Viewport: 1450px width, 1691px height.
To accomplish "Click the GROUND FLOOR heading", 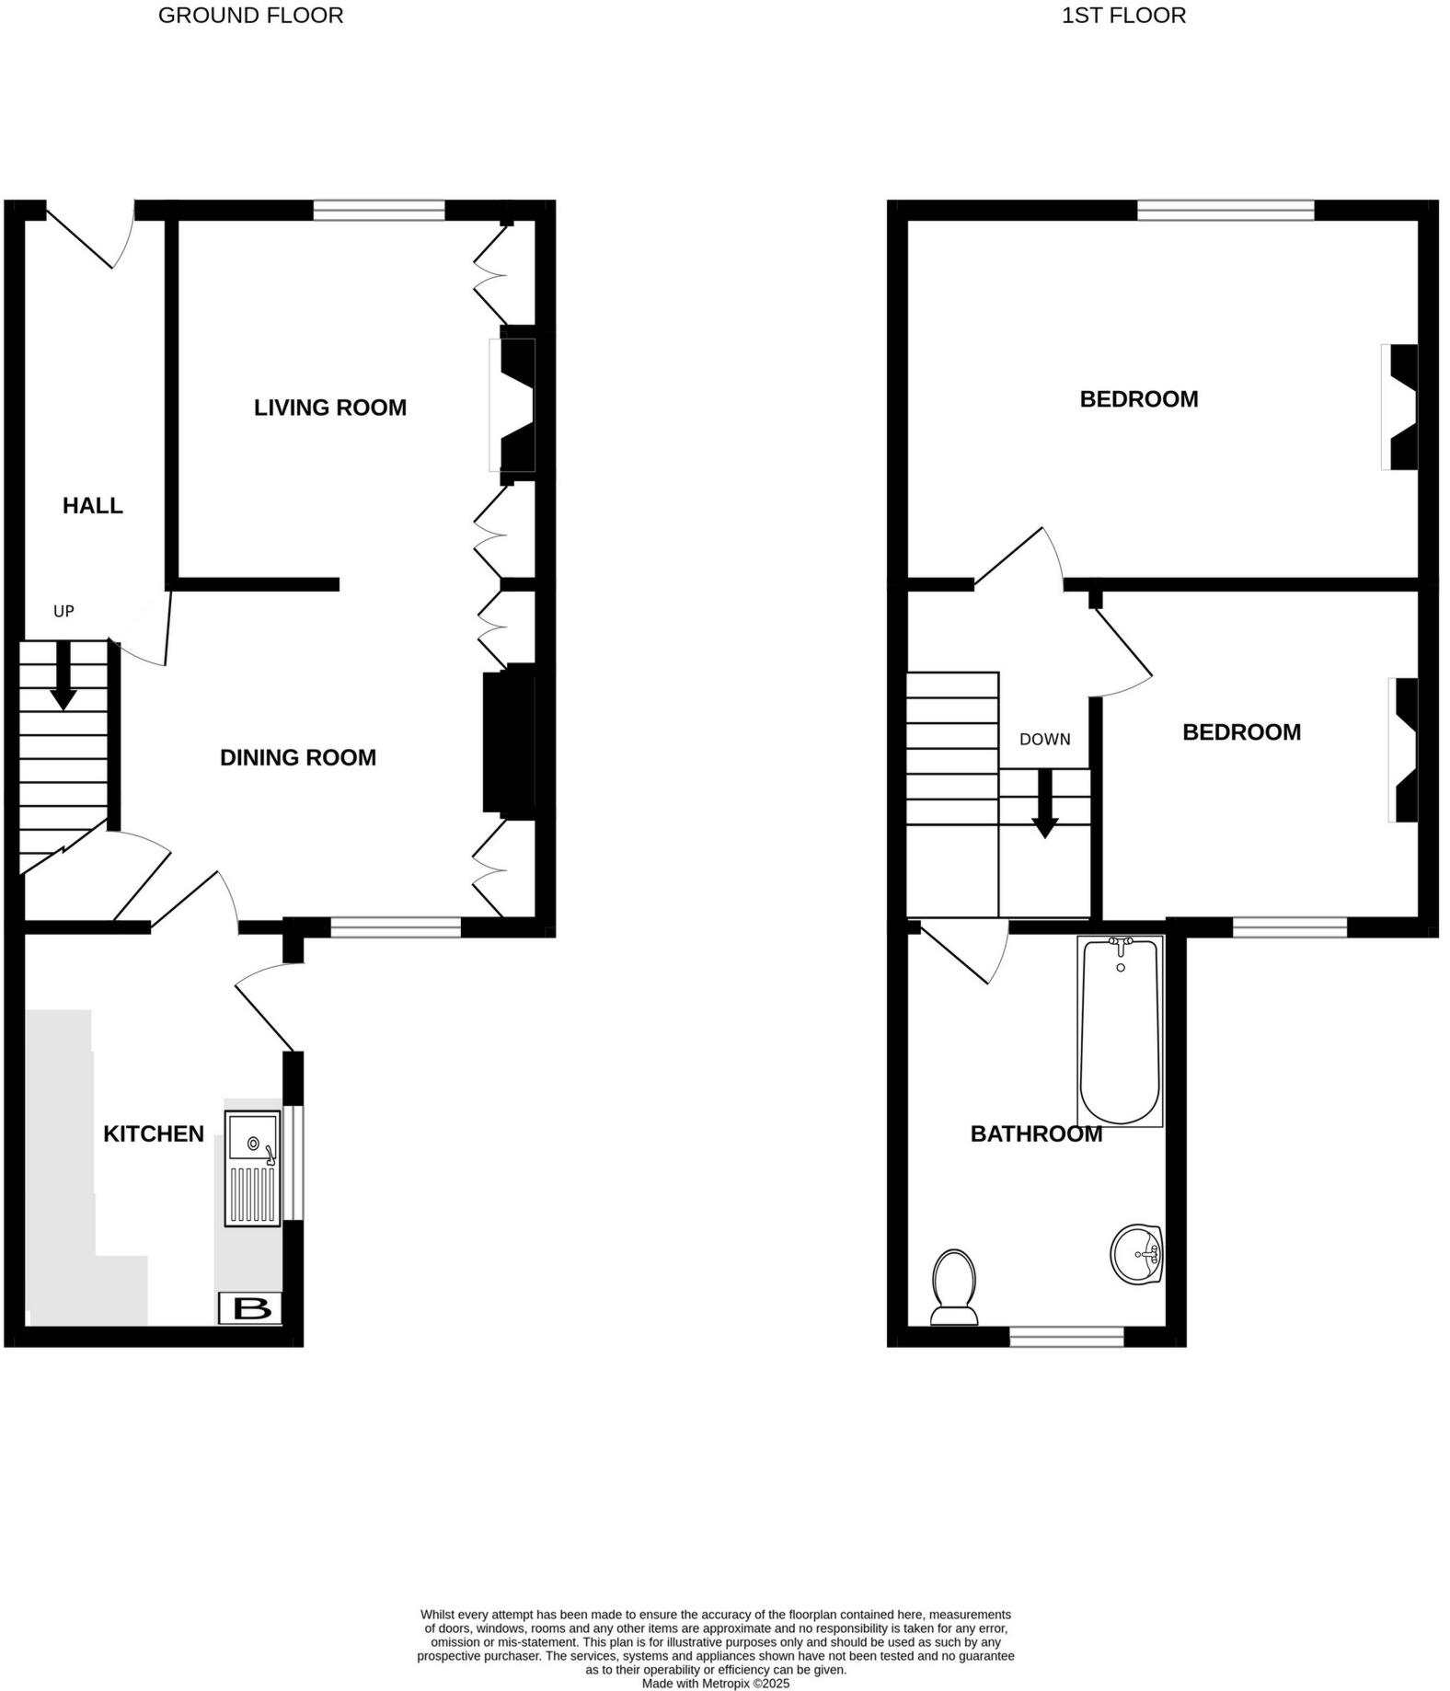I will coord(250,16).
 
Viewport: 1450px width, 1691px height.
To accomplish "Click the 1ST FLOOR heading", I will coord(1123,16).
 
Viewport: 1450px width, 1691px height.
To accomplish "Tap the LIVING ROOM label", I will coord(330,408).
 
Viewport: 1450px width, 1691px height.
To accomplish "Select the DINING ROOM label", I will coord(298,757).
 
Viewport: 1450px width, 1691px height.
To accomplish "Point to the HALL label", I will coord(92,505).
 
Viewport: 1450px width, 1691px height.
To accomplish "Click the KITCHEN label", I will coord(154,1133).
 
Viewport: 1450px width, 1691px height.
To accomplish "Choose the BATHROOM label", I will coord(1036,1133).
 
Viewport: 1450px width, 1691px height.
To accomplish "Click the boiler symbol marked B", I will coord(249,1308).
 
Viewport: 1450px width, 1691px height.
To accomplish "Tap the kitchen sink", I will coord(252,1168).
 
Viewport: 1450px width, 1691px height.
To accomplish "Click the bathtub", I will coord(1120,1030).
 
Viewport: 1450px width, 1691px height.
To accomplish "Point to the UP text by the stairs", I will coord(63,611).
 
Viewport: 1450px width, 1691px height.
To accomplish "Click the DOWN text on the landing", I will coord(1044,739).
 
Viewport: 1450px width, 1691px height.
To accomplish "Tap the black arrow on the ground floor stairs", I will coord(63,676).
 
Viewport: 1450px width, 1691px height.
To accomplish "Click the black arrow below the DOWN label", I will coord(1044,804).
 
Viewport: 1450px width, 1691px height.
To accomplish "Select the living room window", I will coord(379,211).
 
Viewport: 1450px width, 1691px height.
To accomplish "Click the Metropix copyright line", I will coord(715,1684).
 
